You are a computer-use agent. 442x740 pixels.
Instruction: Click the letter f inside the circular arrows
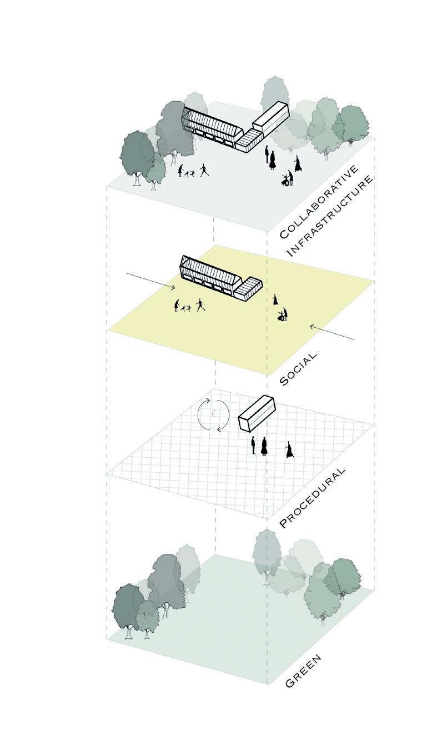tap(213, 414)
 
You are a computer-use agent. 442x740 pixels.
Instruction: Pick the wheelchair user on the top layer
tap(288, 179)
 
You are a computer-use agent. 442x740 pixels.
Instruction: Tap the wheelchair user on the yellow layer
tap(283, 316)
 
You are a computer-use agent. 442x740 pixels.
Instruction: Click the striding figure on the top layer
tap(204, 169)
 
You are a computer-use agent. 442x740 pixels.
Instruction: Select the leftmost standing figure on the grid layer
tap(253, 445)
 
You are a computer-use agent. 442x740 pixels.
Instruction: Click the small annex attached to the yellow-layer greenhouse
tap(248, 289)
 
